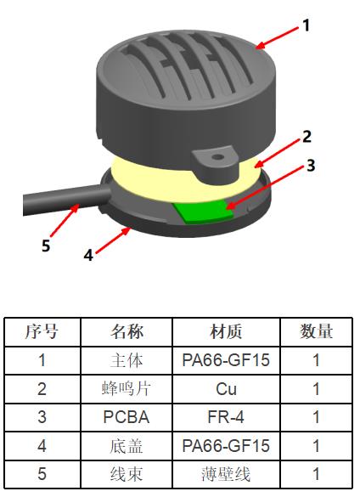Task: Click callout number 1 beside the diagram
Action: [x=306, y=25]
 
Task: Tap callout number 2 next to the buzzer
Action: [x=307, y=137]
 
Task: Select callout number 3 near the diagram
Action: [x=311, y=165]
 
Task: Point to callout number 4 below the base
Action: [x=88, y=255]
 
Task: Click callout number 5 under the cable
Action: [x=46, y=246]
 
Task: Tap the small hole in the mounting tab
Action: [x=217, y=157]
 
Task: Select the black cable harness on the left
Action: [x=65, y=200]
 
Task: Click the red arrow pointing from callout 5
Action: [x=65, y=220]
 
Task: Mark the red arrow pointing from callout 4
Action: [x=113, y=240]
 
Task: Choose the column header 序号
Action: [x=42, y=331]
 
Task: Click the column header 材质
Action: [x=226, y=331]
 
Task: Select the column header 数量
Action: [x=316, y=331]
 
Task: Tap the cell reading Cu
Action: [x=226, y=388]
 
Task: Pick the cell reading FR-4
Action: [x=226, y=417]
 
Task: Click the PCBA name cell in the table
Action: [x=127, y=417]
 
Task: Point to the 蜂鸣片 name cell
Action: [x=127, y=388]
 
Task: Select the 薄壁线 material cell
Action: [x=226, y=474]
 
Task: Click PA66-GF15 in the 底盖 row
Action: [x=226, y=446]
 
